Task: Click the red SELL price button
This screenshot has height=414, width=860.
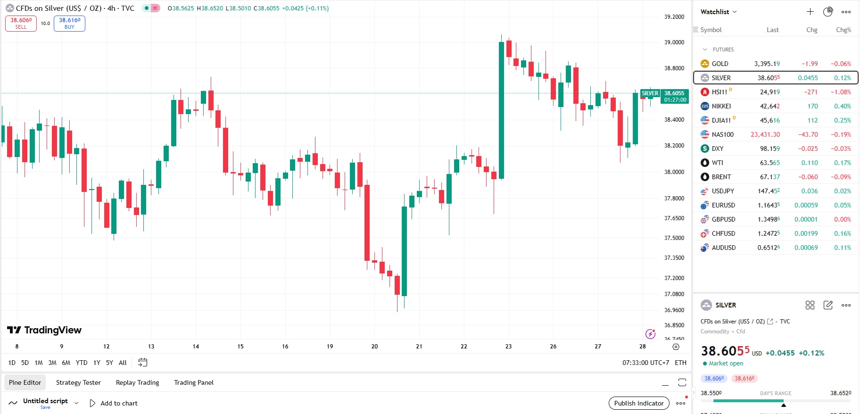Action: pos(21,24)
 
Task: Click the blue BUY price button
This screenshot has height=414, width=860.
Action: pos(69,24)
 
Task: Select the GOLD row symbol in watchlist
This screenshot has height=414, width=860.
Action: pos(719,64)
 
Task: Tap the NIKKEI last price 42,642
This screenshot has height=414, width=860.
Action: pos(769,106)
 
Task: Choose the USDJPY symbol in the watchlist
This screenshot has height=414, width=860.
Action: pos(723,191)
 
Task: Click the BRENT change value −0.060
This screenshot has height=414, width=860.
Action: pos(808,177)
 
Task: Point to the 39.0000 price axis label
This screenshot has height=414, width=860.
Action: pos(674,42)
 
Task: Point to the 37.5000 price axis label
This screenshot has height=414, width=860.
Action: pos(674,238)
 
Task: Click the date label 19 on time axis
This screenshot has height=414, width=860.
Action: pos(330,347)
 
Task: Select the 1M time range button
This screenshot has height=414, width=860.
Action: pos(39,363)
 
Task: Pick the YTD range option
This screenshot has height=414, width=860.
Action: pos(82,363)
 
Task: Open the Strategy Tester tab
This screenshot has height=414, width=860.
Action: pos(78,382)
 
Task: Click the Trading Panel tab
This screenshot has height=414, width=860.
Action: pos(193,382)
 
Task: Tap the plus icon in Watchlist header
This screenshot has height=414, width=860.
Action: pos(810,12)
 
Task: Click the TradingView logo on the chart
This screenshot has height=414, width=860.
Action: pos(44,330)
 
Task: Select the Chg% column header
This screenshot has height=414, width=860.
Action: pos(843,30)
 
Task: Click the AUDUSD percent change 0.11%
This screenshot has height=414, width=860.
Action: pos(842,248)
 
